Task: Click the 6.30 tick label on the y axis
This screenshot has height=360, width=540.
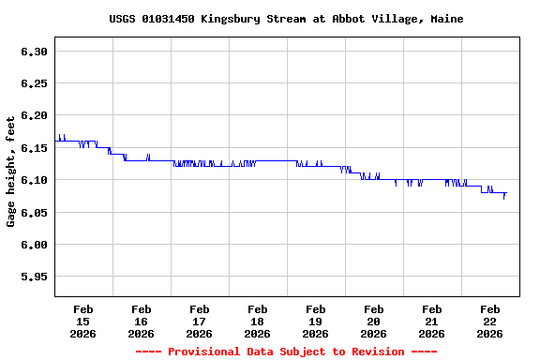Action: click(x=34, y=52)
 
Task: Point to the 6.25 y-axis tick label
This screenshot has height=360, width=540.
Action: click(x=34, y=83)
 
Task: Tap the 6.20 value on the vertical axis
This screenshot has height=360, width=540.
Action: click(x=34, y=115)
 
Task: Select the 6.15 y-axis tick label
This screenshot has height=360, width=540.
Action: click(x=34, y=148)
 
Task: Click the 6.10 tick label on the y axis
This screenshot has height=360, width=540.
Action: click(x=34, y=180)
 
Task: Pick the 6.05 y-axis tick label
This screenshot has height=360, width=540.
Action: click(x=34, y=213)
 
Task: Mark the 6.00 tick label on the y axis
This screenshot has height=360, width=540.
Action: click(x=34, y=245)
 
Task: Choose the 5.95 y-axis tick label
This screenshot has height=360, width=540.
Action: click(x=34, y=277)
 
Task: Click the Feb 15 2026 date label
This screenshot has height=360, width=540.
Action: click(x=83, y=321)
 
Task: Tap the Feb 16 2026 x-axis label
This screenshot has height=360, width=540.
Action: click(x=142, y=321)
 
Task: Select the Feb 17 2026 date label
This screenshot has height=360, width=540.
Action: click(x=200, y=321)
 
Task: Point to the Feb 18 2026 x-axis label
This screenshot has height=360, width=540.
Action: click(x=258, y=321)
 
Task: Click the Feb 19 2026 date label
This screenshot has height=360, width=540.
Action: click(x=316, y=321)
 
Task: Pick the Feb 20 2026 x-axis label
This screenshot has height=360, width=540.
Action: click(x=374, y=321)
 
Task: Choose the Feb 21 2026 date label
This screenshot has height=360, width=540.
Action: click(x=432, y=321)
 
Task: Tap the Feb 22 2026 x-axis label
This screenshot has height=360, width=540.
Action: click(x=490, y=321)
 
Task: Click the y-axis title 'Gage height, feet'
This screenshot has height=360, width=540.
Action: click(x=11, y=172)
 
